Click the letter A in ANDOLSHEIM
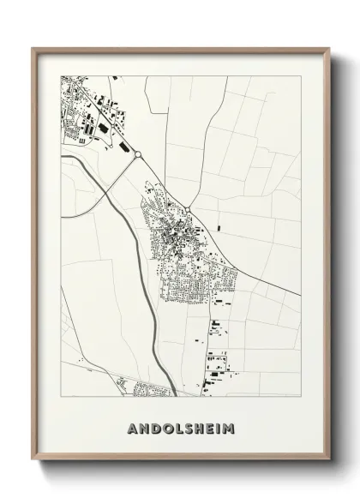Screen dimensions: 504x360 (131, 427)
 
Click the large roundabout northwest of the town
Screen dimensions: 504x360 (136, 155)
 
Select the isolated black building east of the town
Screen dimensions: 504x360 (218, 228)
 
